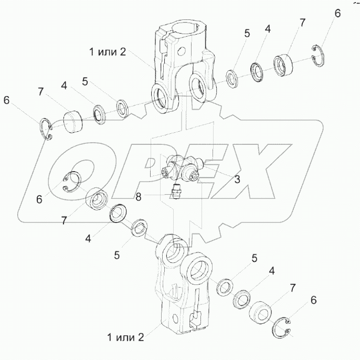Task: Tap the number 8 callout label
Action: pos(139,197)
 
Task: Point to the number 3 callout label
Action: pos(237,179)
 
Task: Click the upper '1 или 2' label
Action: pos(108,52)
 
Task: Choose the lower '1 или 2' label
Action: pos(125,337)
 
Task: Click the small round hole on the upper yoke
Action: pos(183,51)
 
